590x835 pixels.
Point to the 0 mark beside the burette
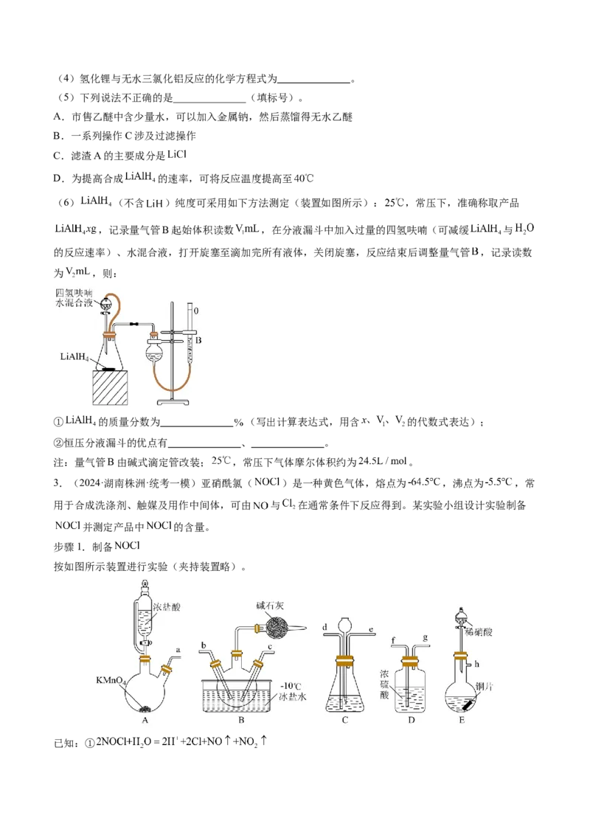pyautogui.click(x=195, y=311)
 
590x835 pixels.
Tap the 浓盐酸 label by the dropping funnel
pyautogui.click(x=169, y=607)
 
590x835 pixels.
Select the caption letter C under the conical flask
pyautogui.click(x=344, y=721)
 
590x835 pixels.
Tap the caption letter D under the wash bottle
pyautogui.click(x=410, y=721)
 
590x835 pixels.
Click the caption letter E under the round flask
pyautogui.click(x=461, y=721)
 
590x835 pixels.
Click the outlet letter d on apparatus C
pyautogui.click(x=324, y=628)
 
